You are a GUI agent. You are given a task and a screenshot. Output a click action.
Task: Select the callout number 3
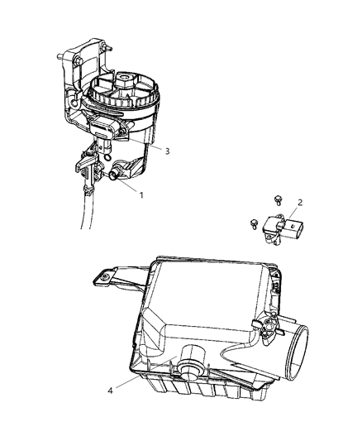coord(167,151)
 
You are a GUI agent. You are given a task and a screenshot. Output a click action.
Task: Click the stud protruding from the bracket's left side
coord(60,58)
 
